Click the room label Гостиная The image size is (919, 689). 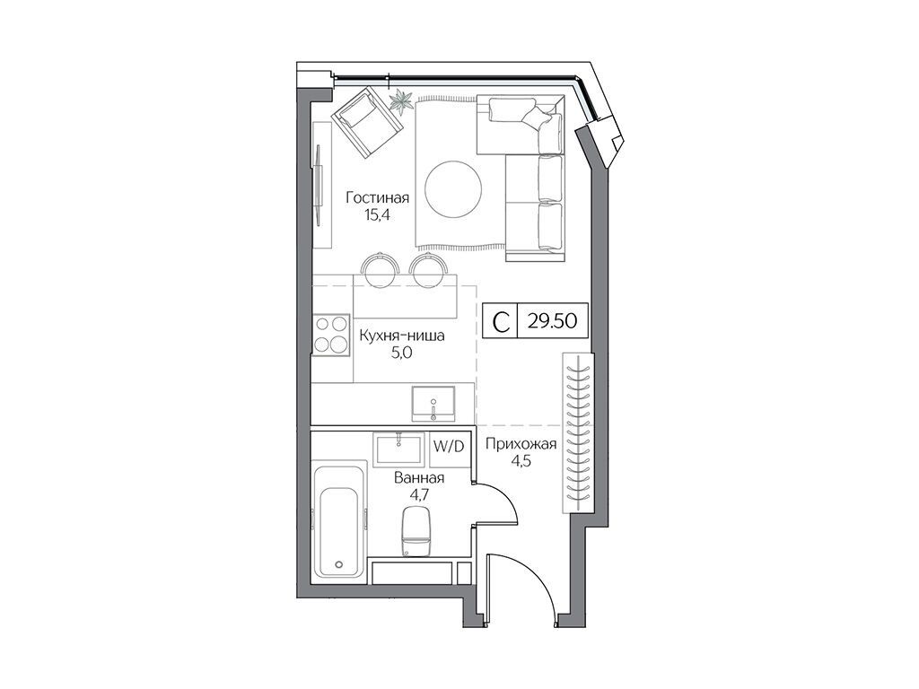click(x=378, y=197)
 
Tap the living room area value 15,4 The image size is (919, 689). click(x=378, y=215)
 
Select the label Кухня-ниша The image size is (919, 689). click(x=401, y=336)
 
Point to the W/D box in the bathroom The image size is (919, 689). click(x=449, y=447)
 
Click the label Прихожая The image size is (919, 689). click(x=521, y=445)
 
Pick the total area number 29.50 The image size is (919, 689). click(x=552, y=320)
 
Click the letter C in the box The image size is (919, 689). click(x=501, y=321)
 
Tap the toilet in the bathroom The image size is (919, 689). click(x=416, y=530)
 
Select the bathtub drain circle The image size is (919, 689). click(x=338, y=565)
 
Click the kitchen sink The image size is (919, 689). click(x=433, y=403)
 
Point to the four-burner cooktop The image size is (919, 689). click(x=332, y=336)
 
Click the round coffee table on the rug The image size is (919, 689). click(x=454, y=188)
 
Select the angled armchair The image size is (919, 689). click(x=367, y=121)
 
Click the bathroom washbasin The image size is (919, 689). click(x=398, y=449)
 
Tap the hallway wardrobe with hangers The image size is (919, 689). click(x=578, y=433)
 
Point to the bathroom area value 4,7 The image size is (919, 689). click(x=420, y=494)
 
